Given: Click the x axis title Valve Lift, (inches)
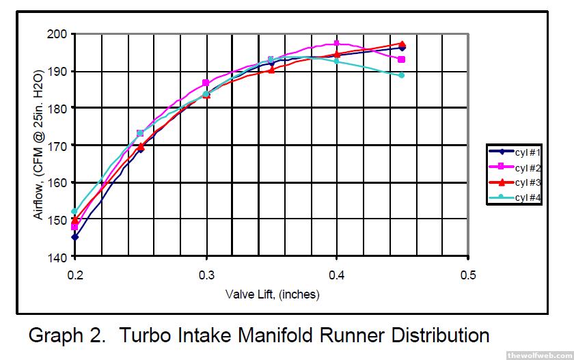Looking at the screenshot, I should tap(272, 295).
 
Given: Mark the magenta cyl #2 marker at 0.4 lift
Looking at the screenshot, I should tap(337, 44).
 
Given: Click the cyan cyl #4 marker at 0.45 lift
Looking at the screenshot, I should tap(402, 75).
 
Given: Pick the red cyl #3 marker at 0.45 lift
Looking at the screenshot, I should tap(402, 44).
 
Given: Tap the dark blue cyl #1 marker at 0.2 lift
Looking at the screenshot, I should tap(74, 237).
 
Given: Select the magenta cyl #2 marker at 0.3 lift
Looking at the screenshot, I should tap(206, 83).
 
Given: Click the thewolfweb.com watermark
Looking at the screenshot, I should tap(538, 355).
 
